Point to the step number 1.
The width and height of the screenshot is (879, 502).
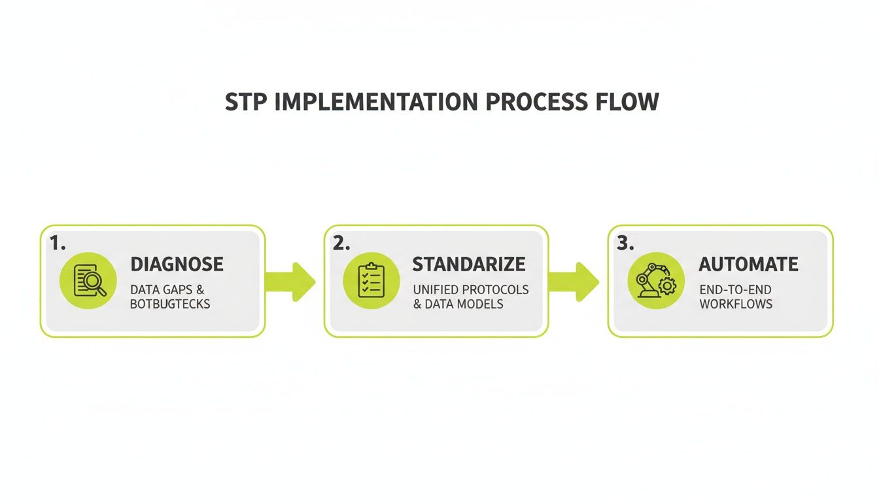(x=58, y=244)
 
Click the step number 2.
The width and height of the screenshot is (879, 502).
(x=341, y=244)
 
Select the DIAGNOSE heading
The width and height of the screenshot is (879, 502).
(x=177, y=264)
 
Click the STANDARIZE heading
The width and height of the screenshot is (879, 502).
(x=468, y=264)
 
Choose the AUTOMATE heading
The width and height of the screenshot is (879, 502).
(x=748, y=264)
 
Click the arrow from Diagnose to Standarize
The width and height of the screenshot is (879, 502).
(x=291, y=282)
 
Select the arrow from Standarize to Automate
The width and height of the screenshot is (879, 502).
(x=575, y=282)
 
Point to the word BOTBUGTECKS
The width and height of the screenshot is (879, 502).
(x=170, y=304)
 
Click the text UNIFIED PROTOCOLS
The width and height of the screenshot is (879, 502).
(x=470, y=289)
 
